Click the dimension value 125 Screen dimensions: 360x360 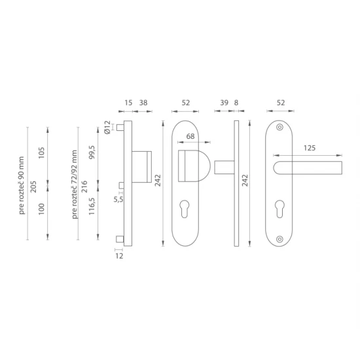[310, 148]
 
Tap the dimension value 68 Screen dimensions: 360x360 [190, 136]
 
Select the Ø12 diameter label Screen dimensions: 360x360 [107, 128]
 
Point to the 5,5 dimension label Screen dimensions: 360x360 [118, 200]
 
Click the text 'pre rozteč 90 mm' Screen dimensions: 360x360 [22, 185]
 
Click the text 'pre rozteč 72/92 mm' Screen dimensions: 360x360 [75, 185]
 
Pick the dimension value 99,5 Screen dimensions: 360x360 [92, 153]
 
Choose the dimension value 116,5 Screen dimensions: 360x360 [92, 206]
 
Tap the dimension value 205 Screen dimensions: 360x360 [33, 187]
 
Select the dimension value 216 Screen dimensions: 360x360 [84, 187]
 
